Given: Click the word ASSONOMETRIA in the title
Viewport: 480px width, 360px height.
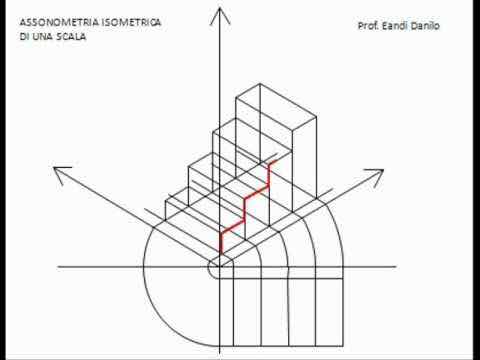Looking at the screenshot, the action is point(60,23).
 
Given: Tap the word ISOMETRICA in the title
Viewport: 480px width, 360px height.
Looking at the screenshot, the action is point(132,22).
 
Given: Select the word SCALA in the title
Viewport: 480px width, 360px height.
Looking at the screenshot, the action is point(71,37).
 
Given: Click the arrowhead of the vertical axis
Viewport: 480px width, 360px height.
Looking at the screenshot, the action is point(220,16).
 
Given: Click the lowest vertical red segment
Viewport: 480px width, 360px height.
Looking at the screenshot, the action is point(220,244).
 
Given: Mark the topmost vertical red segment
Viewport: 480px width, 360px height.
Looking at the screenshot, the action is point(269,175).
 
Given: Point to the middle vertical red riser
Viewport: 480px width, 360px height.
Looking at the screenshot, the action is point(245,210).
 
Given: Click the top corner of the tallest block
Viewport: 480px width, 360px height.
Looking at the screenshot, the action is point(260,83).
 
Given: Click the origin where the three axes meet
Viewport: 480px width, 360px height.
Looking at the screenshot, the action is point(220,267).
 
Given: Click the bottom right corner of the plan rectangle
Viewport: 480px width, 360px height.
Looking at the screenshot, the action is point(343,346).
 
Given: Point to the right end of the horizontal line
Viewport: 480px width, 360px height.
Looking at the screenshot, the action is point(396,267).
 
